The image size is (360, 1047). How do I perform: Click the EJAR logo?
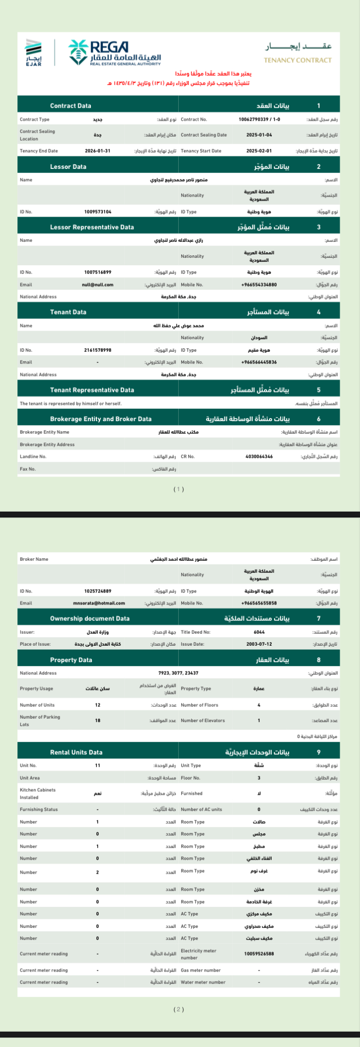tap(34, 51)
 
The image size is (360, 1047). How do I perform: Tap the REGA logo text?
tap(109, 47)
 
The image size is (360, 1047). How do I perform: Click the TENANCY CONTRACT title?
tap(297, 60)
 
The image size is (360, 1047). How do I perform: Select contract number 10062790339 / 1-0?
tap(259, 120)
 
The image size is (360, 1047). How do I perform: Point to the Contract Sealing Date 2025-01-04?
tap(259, 135)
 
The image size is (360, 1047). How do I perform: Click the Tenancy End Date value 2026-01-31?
tap(97, 151)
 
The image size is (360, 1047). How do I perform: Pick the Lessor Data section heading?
tap(68, 167)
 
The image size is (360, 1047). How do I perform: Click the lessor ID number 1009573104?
tap(97, 212)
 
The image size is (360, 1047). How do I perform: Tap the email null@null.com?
tap(97, 285)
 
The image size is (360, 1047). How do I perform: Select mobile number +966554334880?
tap(259, 285)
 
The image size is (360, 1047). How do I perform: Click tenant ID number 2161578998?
tap(97, 351)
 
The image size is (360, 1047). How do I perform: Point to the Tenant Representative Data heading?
tap(92, 390)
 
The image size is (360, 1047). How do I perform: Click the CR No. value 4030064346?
tap(259, 456)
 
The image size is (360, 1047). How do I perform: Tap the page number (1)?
tap(179, 489)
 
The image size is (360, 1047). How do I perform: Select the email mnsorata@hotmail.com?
tap(99, 603)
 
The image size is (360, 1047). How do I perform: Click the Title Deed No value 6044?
tap(259, 632)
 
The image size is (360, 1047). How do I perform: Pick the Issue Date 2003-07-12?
tap(259, 644)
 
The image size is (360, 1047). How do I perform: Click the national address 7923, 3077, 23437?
tap(178, 673)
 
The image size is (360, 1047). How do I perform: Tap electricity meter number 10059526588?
tap(259, 954)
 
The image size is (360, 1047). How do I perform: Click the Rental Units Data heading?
tap(76, 752)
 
